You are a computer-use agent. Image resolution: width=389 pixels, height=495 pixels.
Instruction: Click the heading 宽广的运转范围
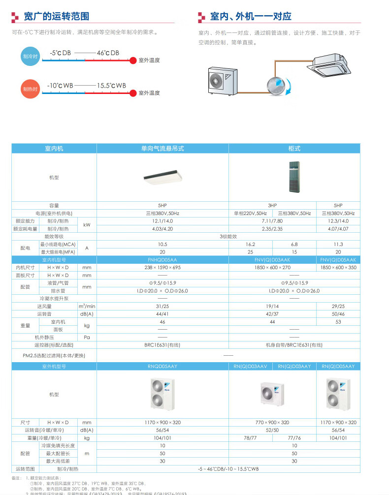pyautogui.click(x=57, y=16)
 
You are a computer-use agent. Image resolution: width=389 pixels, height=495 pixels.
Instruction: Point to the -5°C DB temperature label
pyautogui.click(x=60, y=53)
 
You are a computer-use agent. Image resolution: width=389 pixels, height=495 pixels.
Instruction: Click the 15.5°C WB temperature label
pyautogui.click(x=111, y=85)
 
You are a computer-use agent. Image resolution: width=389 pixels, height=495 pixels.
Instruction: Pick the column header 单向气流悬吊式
pyautogui.click(x=162, y=148)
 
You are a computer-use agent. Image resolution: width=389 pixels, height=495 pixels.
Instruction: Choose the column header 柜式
pyautogui.click(x=294, y=148)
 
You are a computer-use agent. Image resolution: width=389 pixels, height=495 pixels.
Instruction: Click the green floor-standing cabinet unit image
pyautogui.click(x=294, y=177)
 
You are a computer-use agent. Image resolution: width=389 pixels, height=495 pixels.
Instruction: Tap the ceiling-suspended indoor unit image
pyautogui.click(x=162, y=178)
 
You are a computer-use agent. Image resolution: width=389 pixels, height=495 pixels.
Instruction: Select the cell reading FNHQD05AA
pyautogui.click(x=162, y=259)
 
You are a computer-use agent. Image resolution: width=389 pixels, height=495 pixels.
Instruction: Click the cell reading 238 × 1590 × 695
pyautogui.click(x=162, y=267)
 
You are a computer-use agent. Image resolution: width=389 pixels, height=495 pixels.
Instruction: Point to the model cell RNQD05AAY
pyautogui.click(x=162, y=366)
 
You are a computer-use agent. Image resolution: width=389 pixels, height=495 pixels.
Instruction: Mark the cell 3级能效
pyautogui.click(x=228, y=236)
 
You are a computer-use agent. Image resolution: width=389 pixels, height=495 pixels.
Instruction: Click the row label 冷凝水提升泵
pyautogui.click(x=54, y=298)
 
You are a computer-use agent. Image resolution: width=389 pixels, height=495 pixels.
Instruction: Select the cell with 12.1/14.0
pyautogui.click(x=162, y=221)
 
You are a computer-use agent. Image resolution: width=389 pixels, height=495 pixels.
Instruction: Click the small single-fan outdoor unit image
pyautogui.click(x=272, y=394)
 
